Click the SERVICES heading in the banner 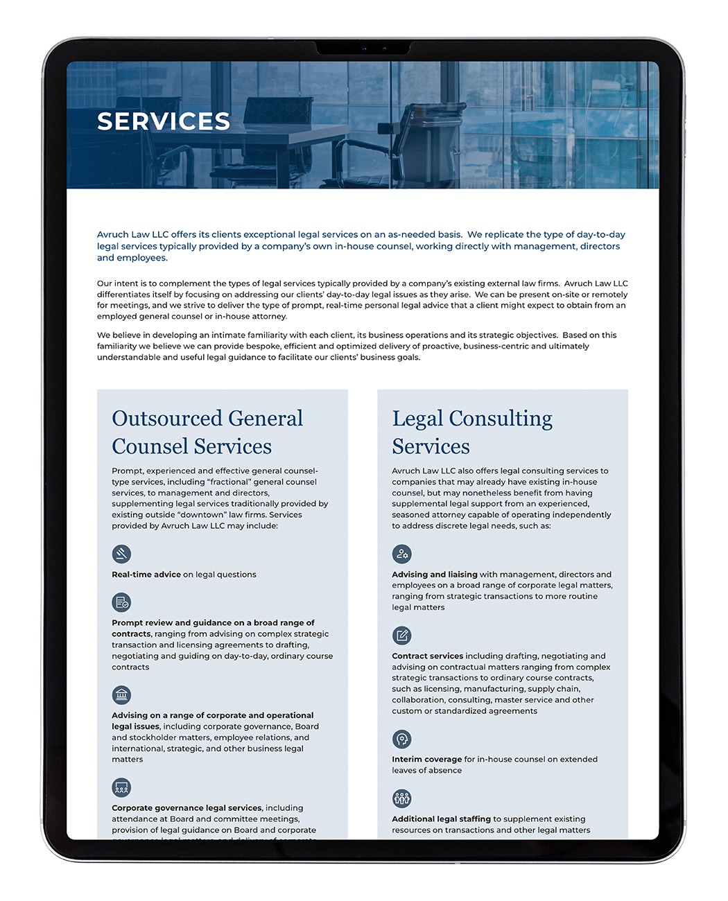coord(164,121)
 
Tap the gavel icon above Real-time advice coord(121,554)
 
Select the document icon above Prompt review coord(121,602)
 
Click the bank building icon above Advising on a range coord(121,694)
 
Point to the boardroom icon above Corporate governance coord(121,787)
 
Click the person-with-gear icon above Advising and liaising coord(401,554)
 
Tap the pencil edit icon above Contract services coord(401,635)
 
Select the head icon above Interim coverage coord(401,739)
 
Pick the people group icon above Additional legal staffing coord(401,798)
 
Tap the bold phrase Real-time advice coord(146,575)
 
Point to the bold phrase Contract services coord(427,656)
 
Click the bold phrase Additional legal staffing coord(441,819)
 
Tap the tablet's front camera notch coord(363,49)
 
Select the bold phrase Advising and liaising coord(434,575)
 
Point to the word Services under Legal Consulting coord(431,447)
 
